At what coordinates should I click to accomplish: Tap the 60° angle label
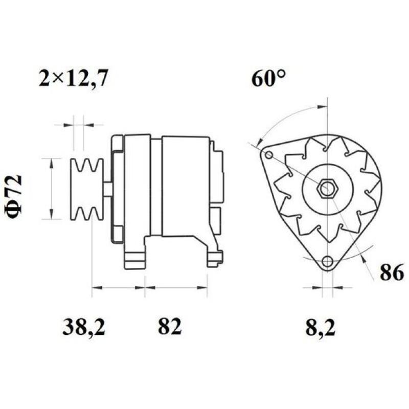tap(268, 79)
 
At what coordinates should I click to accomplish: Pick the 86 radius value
tap(392, 274)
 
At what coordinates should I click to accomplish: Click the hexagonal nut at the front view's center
tap(326, 189)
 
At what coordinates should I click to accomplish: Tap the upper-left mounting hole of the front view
tap(268, 155)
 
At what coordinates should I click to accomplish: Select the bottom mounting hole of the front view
tap(327, 262)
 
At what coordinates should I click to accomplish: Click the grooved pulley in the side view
tap(86, 189)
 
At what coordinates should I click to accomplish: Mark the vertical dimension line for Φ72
tap(51, 189)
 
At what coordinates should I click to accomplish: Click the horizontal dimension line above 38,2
tap(118, 288)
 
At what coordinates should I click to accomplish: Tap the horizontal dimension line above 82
tap(176, 288)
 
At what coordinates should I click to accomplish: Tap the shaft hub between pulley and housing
tap(107, 189)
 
